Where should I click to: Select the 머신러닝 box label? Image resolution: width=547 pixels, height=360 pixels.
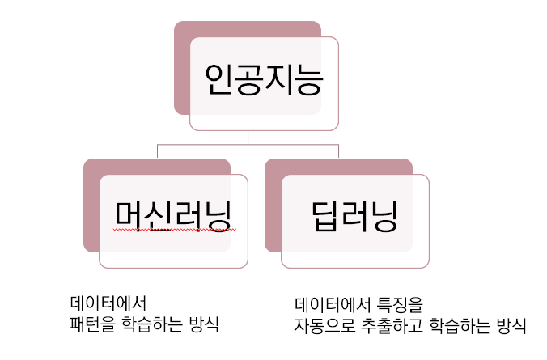[x=173, y=216]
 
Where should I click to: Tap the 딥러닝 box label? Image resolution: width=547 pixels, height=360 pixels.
[x=354, y=216]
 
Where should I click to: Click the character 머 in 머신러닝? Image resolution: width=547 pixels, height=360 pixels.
[x=129, y=216]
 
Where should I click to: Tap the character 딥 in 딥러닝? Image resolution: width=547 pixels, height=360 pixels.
[x=325, y=216]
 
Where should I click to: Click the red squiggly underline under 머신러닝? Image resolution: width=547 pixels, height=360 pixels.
[x=173, y=231]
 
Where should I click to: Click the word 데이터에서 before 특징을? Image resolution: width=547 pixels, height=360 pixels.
[x=332, y=305]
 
